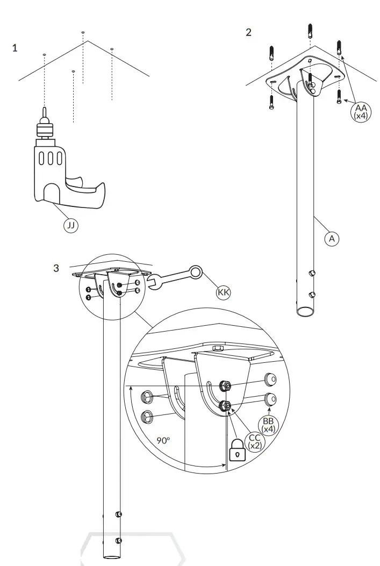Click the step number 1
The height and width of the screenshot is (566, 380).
(x=15, y=48)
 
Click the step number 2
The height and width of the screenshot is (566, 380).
(x=248, y=32)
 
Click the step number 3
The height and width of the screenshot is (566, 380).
(x=56, y=268)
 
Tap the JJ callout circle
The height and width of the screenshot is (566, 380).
(x=70, y=225)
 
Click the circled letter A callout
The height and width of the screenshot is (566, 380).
(x=332, y=239)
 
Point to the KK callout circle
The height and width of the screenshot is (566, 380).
(x=223, y=292)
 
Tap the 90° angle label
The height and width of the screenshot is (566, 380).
(x=163, y=440)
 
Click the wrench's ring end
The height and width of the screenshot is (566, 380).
(x=196, y=273)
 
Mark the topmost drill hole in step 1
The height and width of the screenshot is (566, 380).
(x=83, y=33)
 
